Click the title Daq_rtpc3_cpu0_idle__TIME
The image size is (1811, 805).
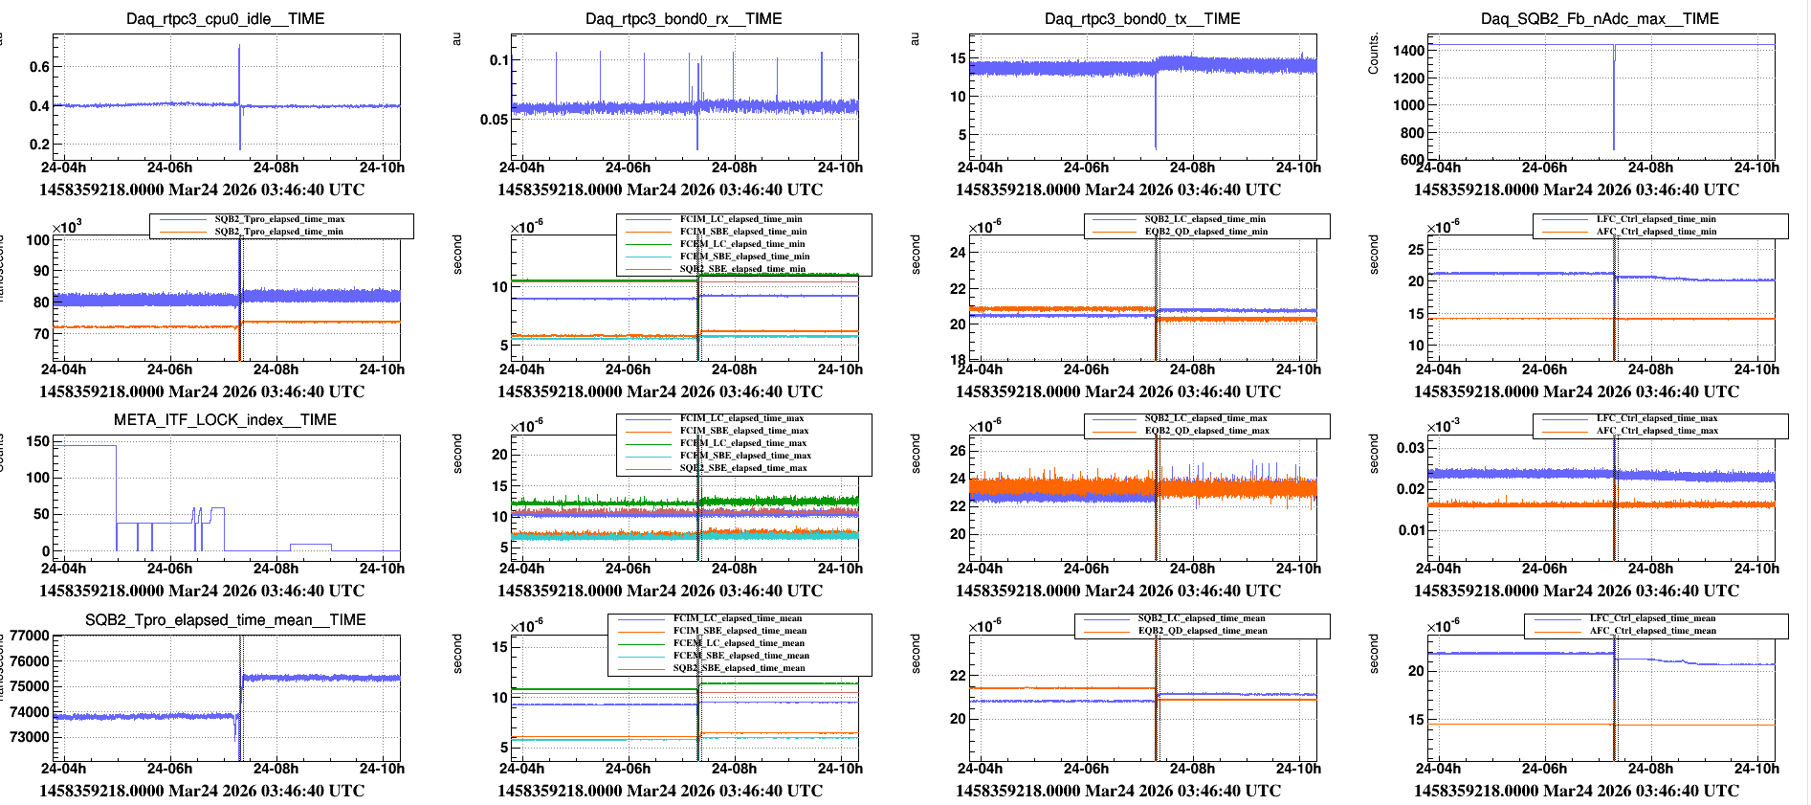pyautogui.click(x=225, y=18)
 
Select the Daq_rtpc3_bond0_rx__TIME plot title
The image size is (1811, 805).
pyautogui.click(x=683, y=18)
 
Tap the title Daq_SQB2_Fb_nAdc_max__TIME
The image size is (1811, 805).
pyautogui.click(x=1600, y=18)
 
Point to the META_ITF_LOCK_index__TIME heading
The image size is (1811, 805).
pyautogui.click(x=225, y=419)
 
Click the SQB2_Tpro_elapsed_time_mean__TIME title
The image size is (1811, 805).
pyautogui.click(x=225, y=619)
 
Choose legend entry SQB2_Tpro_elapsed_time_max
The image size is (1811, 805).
pyautogui.click(x=279, y=219)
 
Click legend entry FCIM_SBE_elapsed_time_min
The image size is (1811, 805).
pyautogui.click(x=743, y=232)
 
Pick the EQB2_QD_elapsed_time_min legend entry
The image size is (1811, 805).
pyautogui.click(x=1205, y=232)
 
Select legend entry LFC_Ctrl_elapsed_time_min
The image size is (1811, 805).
pyautogui.click(x=1656, y=219)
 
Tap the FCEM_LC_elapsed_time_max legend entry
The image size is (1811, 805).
pyautogui.click(x=743, y=443)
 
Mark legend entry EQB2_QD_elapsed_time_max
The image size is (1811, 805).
pyautogui.click(x=1205, y=431)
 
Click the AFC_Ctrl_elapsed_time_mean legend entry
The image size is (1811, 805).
pyautogui.click(x=1653, y=631)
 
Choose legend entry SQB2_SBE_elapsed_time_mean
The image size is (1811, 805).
pyautogui.click(x=739, y=668)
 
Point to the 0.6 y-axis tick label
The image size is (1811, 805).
pyautogui.click(x=39, y=67)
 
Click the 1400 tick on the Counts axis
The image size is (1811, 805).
pyautogui.click(x=1408, y=51)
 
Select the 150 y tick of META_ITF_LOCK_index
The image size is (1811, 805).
pyautogui.click(x=38, y=441)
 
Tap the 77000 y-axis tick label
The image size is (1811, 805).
pyautogui.click(x=30, y=636)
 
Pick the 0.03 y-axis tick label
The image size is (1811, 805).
pyautogui.click(x=1411, y=448)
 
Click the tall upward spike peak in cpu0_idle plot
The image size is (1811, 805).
pyautogui.click(x=239, y=46)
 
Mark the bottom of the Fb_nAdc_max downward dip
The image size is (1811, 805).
pyautogui.click(x=1614, y=148)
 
